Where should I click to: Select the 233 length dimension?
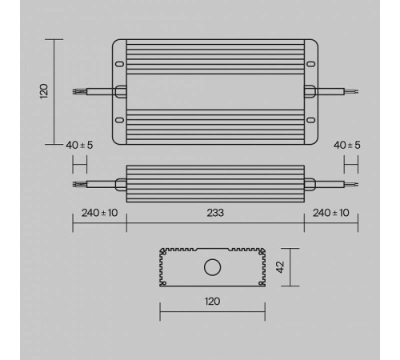tap(214, 213)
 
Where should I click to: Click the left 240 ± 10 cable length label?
tap(99, 213)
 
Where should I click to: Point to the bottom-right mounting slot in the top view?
tap(311, 120)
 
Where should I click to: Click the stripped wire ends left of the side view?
tap(78, 185)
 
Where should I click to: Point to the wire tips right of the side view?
tap(352, 185)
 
